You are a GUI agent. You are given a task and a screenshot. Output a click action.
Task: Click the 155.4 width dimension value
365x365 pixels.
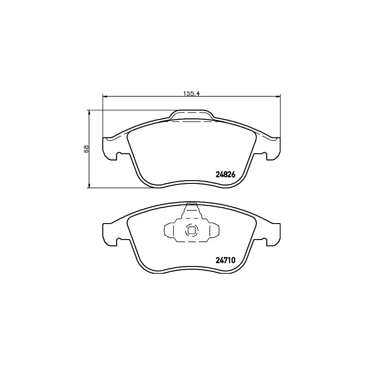point(192,94)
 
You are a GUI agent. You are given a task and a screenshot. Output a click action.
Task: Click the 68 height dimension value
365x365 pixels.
point(86,149)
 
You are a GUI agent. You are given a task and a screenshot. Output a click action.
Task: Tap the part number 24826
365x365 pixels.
point(225,174)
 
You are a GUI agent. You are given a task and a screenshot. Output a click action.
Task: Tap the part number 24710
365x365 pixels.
point(225,260)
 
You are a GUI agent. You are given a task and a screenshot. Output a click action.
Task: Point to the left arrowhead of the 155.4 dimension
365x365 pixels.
point(105,96)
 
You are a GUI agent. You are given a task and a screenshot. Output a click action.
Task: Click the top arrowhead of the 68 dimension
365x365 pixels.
point(89,113)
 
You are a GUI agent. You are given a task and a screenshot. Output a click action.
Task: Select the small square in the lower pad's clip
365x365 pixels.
point(192,230)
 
